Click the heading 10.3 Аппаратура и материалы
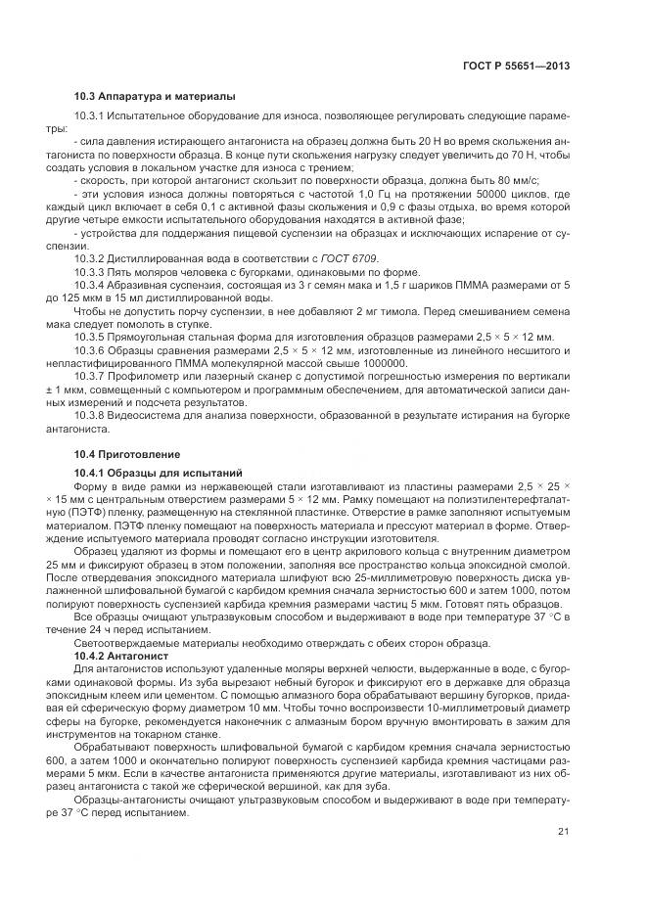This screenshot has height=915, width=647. pyautogui.click(x=155, y=96)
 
